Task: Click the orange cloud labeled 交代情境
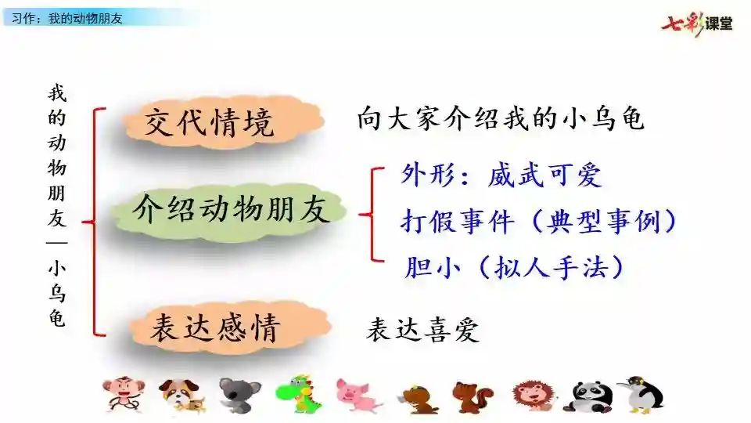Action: [x=223, y=121]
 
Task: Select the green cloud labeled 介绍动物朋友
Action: [x=229, y=210]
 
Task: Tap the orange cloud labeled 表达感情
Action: [x=230, y=327]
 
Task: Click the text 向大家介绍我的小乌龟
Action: [x=500, y=118]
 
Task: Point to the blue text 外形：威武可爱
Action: [x=501, y=175]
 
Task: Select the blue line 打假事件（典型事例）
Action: [x=538, y=221]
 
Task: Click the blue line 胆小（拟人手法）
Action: [x=514, y=266]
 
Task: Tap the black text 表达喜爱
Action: [x=422, y=330]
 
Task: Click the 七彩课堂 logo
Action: [x=697, y=23]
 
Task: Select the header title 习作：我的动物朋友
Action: [x=67, y=18]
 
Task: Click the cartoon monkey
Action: [x=124, y=394]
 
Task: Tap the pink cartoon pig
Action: [x=357, y=395]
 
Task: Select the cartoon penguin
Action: [x=641, y=394]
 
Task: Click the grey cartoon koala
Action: [x=239, y=395]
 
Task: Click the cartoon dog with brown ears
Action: [x=183, y=395]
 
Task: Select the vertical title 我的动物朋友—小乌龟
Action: [x=56, y=206]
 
